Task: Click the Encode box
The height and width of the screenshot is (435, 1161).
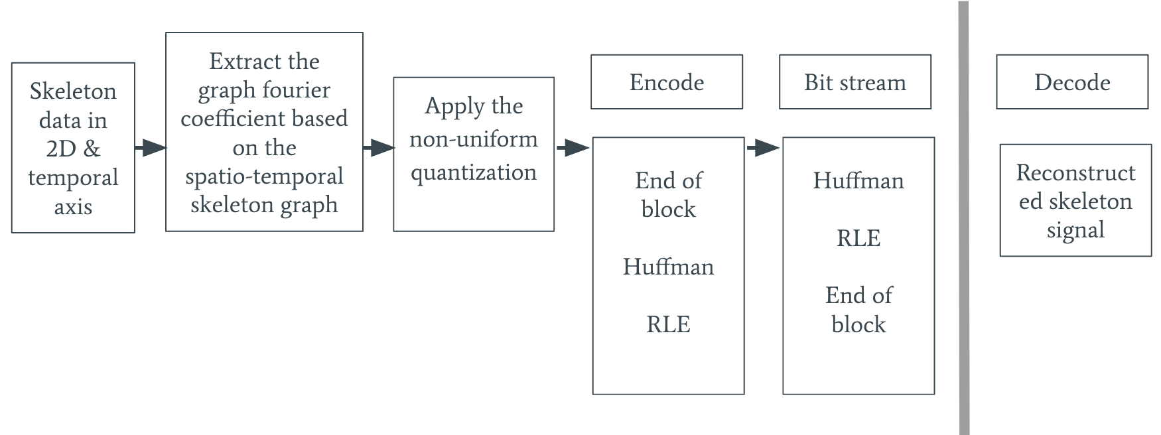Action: [666, 82]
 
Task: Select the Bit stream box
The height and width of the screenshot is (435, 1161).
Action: [854, 82]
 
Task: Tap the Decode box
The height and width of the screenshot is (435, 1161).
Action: [1071, 82]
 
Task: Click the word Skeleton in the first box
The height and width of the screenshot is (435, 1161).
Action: [73, 92]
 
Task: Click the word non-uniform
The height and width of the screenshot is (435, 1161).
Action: [473, 139]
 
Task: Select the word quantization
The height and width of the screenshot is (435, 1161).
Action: [473, 172]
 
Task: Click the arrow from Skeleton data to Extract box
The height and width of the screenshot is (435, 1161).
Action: [150, 147]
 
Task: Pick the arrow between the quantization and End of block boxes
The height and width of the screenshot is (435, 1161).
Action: [573, 147]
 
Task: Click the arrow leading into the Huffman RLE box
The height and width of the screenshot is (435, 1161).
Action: [763, 147]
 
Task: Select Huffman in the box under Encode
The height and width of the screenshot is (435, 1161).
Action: [668, 267]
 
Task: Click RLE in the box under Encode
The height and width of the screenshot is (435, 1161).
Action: [668, 324]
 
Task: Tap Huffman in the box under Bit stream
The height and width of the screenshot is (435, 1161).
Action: [858, 180]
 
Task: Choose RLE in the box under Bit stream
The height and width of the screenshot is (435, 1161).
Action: [858, 238]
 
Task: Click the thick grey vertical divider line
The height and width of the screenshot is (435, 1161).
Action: [963, 219]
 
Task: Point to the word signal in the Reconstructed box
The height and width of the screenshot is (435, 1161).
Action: [1075, 230]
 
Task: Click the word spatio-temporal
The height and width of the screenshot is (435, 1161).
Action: [264, 176]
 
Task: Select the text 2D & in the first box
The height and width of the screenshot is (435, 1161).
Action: [73, 149]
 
